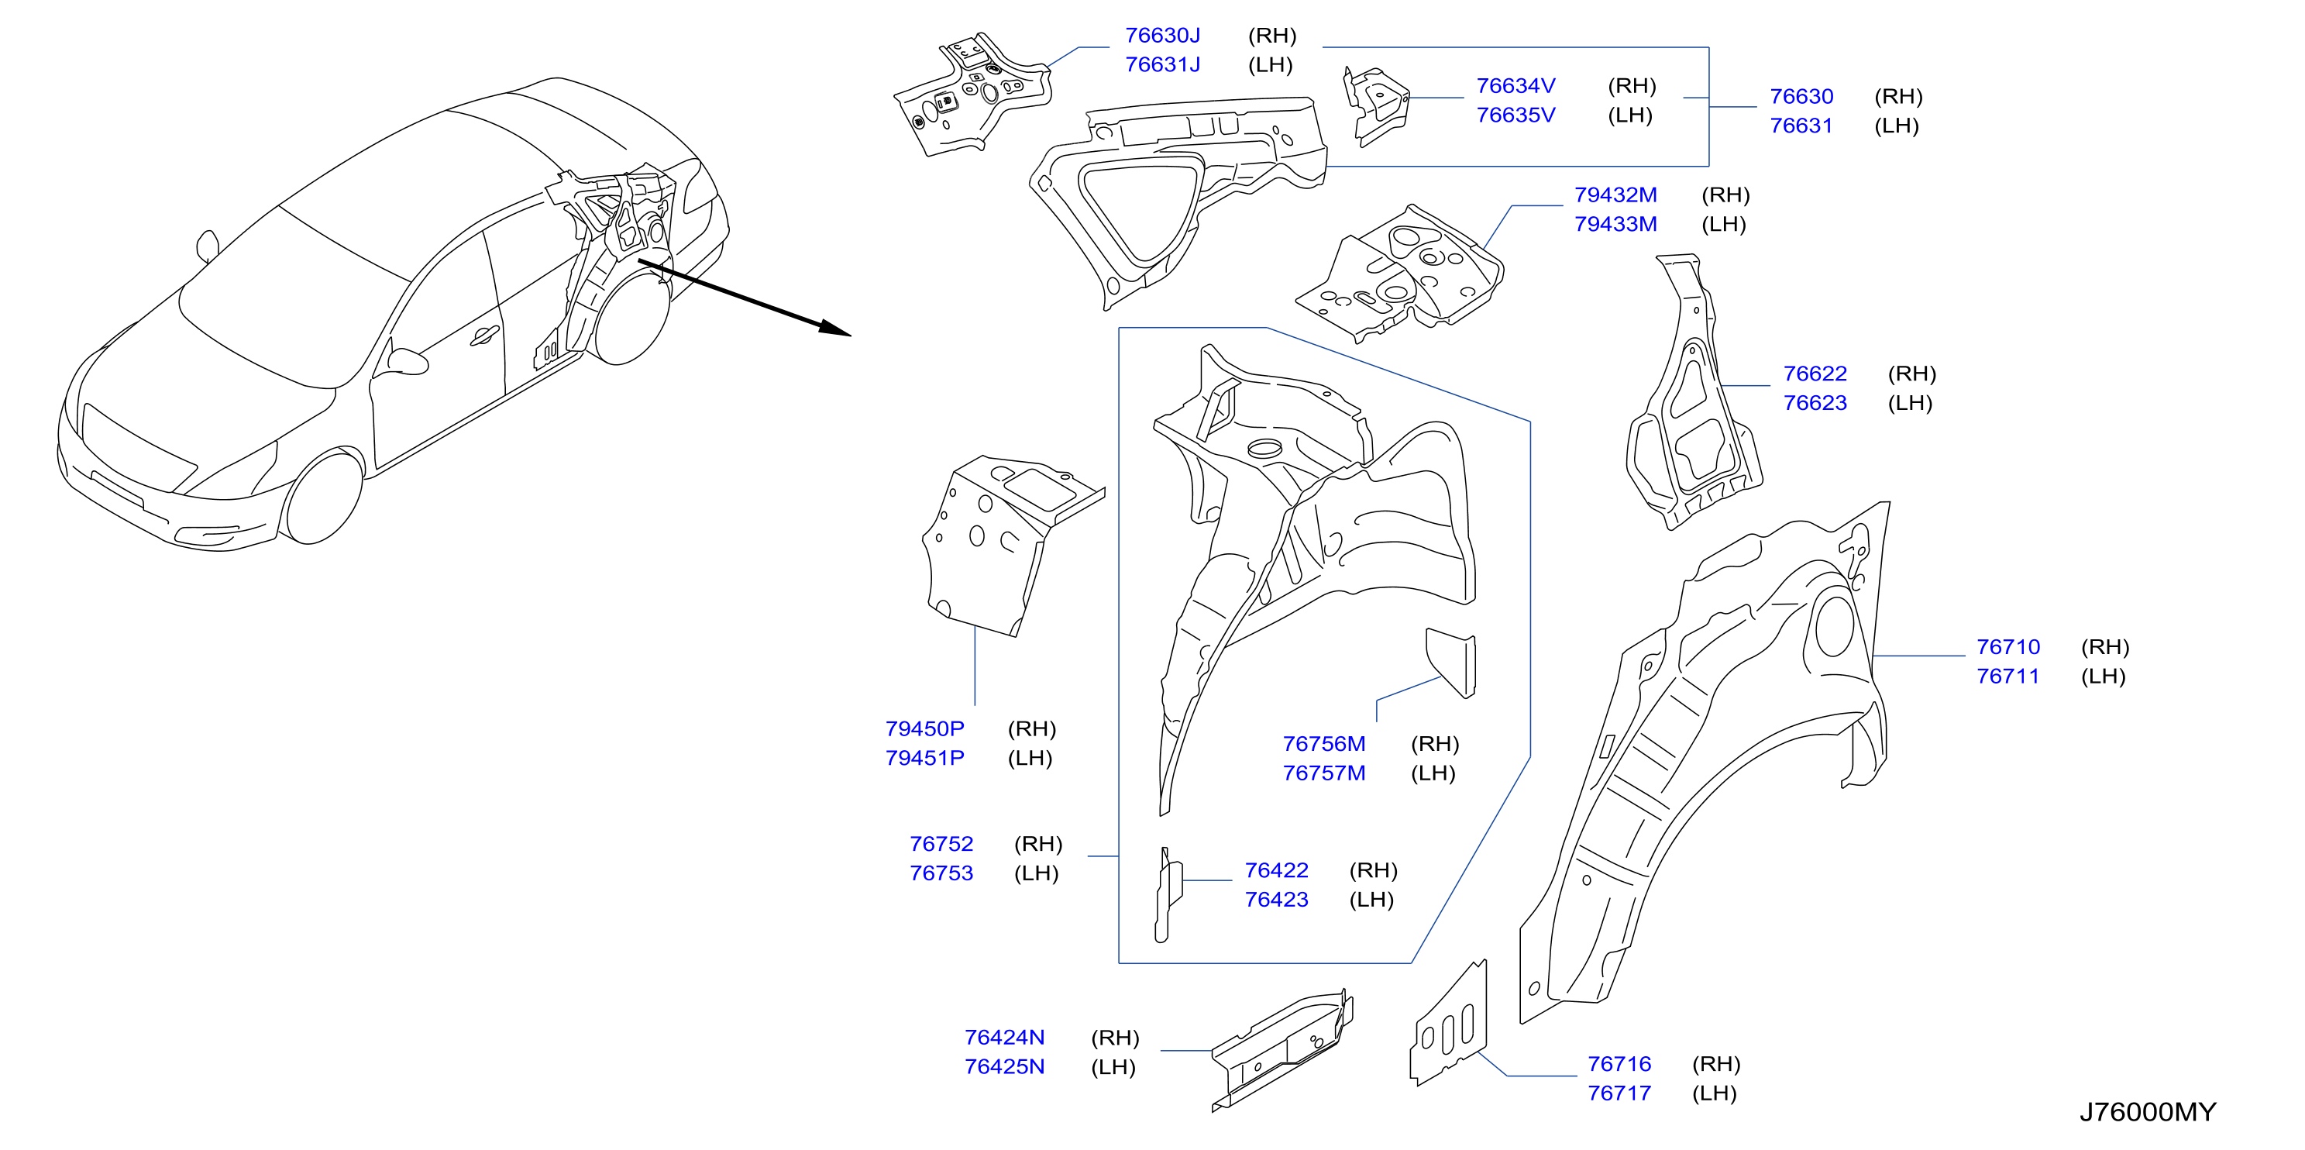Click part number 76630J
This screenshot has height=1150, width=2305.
pos(1162,36)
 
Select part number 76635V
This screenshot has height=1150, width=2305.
pos(1515,115)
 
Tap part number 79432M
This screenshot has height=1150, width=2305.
pos(1615,195)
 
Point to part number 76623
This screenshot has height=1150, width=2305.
pos(1815,403)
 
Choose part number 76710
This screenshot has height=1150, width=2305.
pos(2008,647)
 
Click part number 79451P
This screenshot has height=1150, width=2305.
pos(924,758)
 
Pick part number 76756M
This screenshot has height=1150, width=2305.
pos(1324,744)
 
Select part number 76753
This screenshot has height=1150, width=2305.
pos(941,873)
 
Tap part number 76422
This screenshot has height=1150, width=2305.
pos(1276,870)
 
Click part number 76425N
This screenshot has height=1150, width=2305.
pos(1004,1067)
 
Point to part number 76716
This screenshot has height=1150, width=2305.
pos(1619,1064)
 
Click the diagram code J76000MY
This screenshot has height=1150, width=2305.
pos(2148,1112)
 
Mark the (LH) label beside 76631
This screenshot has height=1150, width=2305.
pos(1897,126)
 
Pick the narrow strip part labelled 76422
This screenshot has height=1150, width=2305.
pos(1168,895)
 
